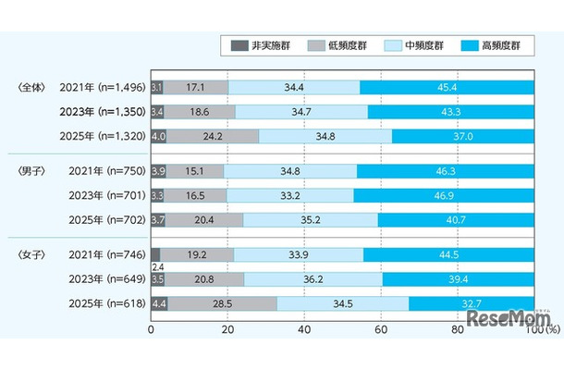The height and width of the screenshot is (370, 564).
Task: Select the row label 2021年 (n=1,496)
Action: [98, 87]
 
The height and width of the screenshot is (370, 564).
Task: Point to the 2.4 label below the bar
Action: [155, 267]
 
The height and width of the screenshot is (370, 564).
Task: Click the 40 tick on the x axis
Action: [303, 327]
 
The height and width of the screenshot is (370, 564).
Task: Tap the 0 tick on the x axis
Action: [152, 327]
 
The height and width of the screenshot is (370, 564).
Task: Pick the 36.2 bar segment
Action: [317, 278]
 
